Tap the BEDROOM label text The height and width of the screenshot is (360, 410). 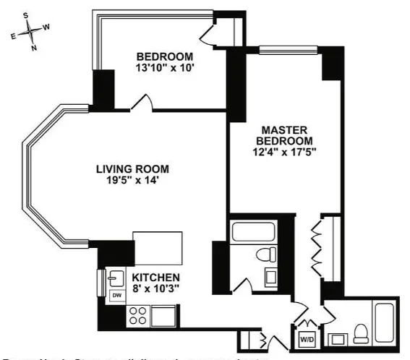[165, 57]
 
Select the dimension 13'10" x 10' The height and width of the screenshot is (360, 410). [165, 69]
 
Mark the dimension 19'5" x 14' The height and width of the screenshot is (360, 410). [132, 181]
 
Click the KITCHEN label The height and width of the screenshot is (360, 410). [155, 278]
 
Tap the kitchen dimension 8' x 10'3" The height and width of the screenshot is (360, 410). [155, 288]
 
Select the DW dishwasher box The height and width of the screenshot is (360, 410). [116, 295]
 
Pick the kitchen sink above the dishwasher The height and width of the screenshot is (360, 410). [116, 278]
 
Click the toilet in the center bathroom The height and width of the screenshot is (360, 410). [267, 254]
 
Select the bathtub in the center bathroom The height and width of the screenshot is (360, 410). [252, 233]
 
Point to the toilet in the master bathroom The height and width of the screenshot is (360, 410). [360, 333]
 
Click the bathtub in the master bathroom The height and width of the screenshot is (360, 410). [383, 322]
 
